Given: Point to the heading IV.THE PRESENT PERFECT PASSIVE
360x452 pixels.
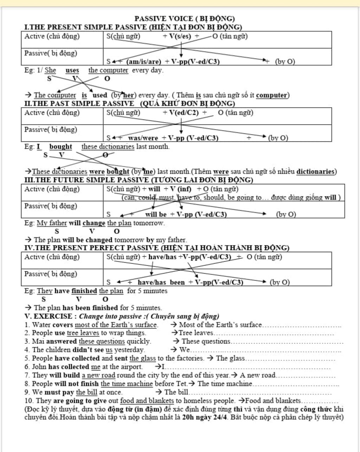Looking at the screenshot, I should [x=91, y=248].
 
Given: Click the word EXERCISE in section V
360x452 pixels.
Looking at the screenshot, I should [x=53, y=316].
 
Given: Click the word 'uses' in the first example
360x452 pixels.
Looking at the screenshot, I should [x=72, y=70].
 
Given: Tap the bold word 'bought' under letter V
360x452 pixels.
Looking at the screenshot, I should [x=60, y=147].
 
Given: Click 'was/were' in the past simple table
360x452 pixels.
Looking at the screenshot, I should [x=143, y=138].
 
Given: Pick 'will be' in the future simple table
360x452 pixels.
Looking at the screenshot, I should [x=156, y=214].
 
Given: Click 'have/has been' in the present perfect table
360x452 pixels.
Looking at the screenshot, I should [x=161, y=282].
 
